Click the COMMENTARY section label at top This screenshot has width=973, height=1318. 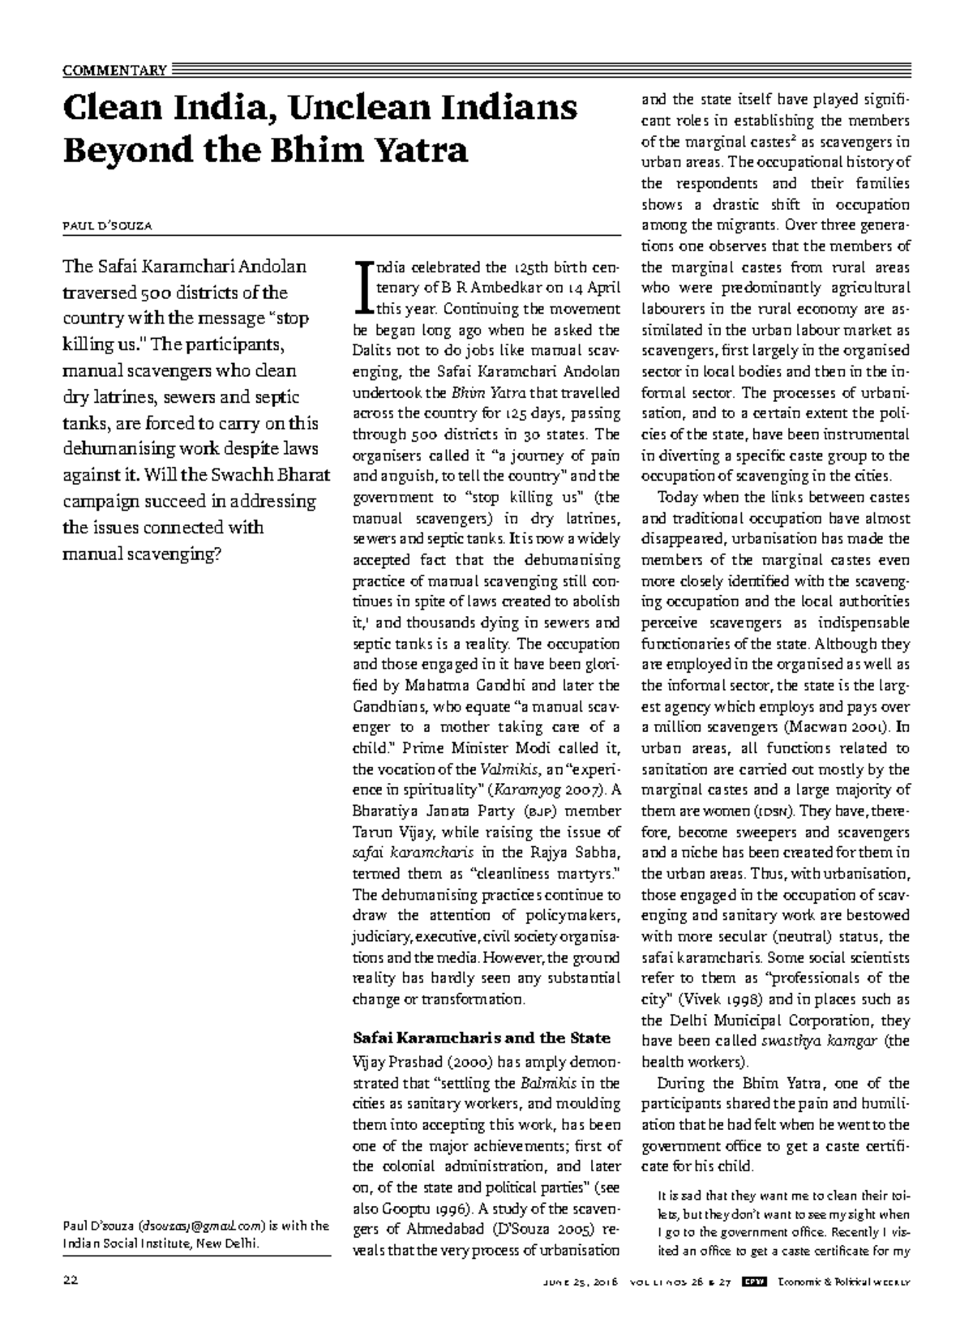(114, 70)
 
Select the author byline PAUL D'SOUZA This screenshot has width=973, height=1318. (107, 225)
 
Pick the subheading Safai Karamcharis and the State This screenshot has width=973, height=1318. (482, 1038)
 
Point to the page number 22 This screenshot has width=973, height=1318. (70, 1282)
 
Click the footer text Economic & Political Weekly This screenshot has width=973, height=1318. (843, 1282)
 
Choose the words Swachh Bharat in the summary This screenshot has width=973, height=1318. (276, 475)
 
